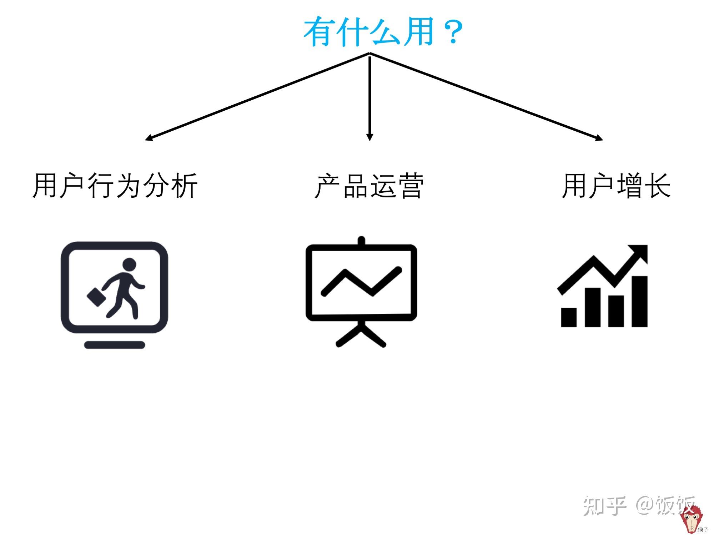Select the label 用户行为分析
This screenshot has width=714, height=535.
tap(115, 186)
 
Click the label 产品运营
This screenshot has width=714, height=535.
tap(369, 186)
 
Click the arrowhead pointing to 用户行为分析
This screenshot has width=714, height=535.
tap(149, 138)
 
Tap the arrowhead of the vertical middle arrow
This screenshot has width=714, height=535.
tap(370, 137)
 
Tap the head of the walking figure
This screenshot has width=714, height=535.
tap(129, 264)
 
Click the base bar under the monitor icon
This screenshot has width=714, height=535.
tap(115, 345)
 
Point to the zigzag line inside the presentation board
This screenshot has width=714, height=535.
tap(361, 282)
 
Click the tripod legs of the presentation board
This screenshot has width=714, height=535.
tap(361, 335)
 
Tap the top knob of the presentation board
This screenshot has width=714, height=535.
tap(361, 240)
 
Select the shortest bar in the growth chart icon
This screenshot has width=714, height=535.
tap(569, 317)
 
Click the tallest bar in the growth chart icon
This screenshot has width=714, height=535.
tap(640, 301)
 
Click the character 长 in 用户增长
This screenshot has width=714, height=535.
tap(658, 186)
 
